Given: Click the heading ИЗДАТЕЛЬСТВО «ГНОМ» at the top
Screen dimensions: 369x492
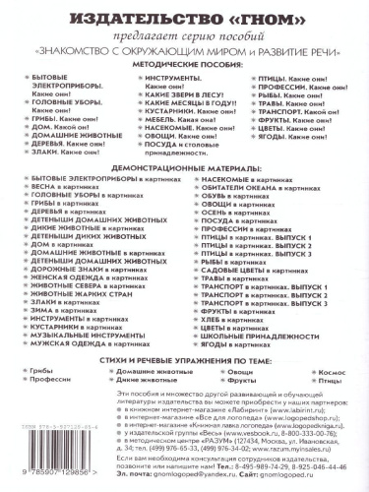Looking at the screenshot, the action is tap(185, 18).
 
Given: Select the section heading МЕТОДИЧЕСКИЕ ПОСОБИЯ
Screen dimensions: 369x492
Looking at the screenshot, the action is tap(185, 58).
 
